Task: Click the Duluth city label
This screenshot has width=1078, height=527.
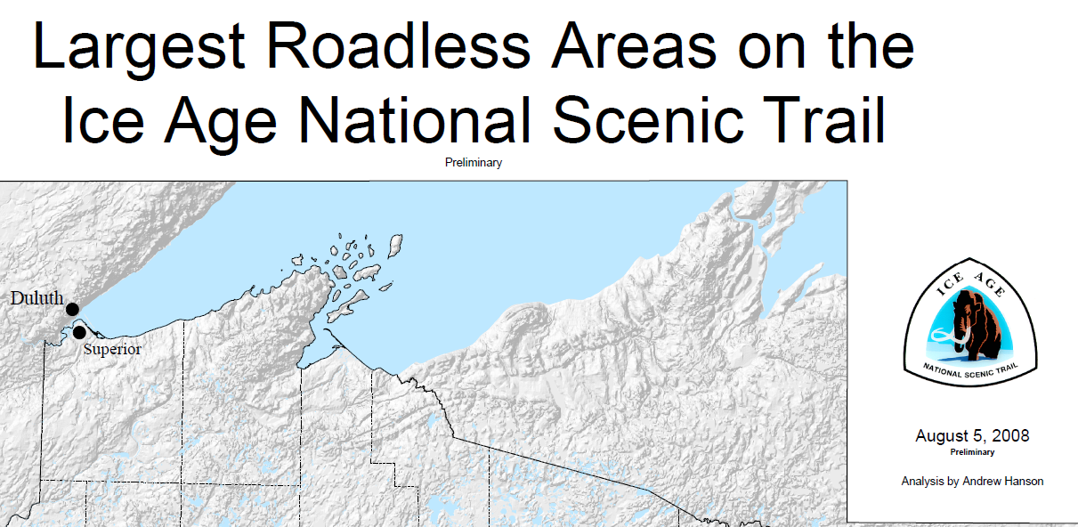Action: (x=36, y=298)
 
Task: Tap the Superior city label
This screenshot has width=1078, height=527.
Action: (x=112, y=349)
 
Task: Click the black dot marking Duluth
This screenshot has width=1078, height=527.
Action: (x=73, y=308)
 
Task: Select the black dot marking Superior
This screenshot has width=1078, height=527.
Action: (x=79, y=332)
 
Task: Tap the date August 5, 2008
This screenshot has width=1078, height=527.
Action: (x=972, y=436)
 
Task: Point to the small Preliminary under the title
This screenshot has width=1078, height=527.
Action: (x=474, y=163)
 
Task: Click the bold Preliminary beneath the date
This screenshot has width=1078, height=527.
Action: (x=972, y=452)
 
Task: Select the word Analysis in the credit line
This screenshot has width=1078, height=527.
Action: (x=923, y=481)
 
